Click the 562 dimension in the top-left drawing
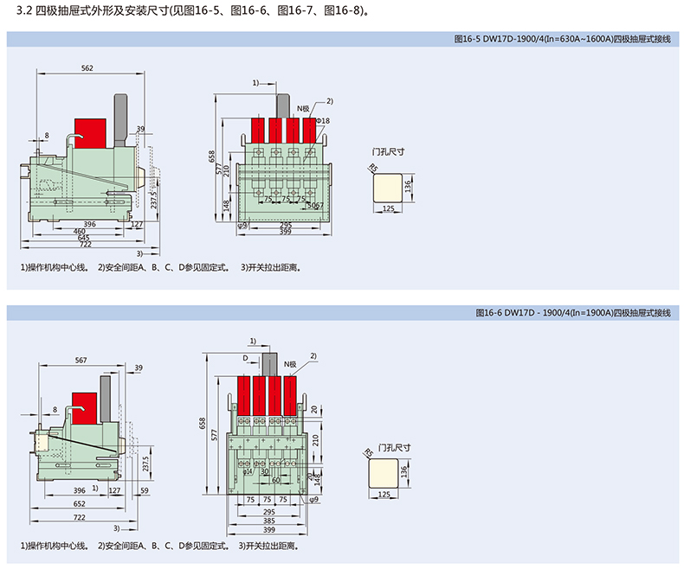[x=87, y=67]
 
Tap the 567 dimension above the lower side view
[x=81, y=360]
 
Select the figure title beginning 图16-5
[x=562, y=38]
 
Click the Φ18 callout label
[x=323, y=119]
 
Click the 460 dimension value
[x=79, y=231]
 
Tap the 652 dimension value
[x=79, y=503]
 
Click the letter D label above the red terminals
[x=245, y=356]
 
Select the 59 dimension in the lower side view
[x=144, y=490]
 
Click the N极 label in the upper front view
[x=302, y=108]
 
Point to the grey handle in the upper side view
[x=119, y=117]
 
